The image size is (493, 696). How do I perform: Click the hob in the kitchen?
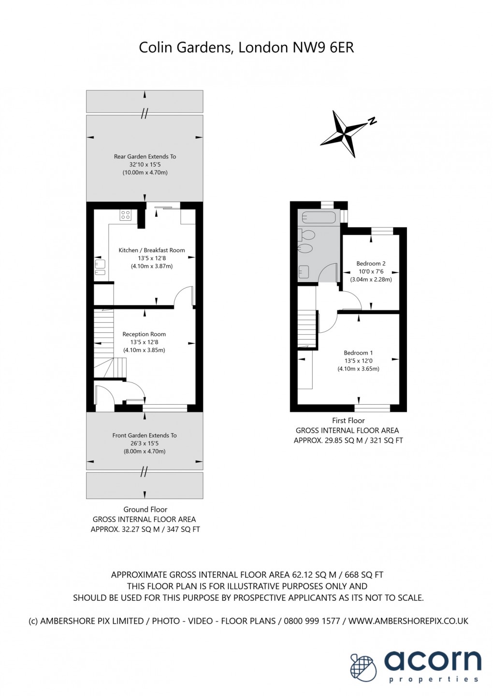point(125,215)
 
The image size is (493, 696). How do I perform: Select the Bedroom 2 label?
point(371,264)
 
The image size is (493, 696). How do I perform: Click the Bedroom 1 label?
point(358,353)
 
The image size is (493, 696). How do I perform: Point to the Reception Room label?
point(144,334)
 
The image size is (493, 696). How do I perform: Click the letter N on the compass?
point(372,121)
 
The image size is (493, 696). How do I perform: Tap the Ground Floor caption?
point(145,509)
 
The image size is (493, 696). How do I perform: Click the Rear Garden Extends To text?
point(145,156)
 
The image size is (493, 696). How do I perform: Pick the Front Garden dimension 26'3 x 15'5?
point(145,443)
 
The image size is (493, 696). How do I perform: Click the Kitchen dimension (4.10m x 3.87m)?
point(152,266)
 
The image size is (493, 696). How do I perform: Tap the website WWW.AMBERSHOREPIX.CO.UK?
point(408,621)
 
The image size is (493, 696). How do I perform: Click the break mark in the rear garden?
point(144,114)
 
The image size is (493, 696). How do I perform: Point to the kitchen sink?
point(100,268)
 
